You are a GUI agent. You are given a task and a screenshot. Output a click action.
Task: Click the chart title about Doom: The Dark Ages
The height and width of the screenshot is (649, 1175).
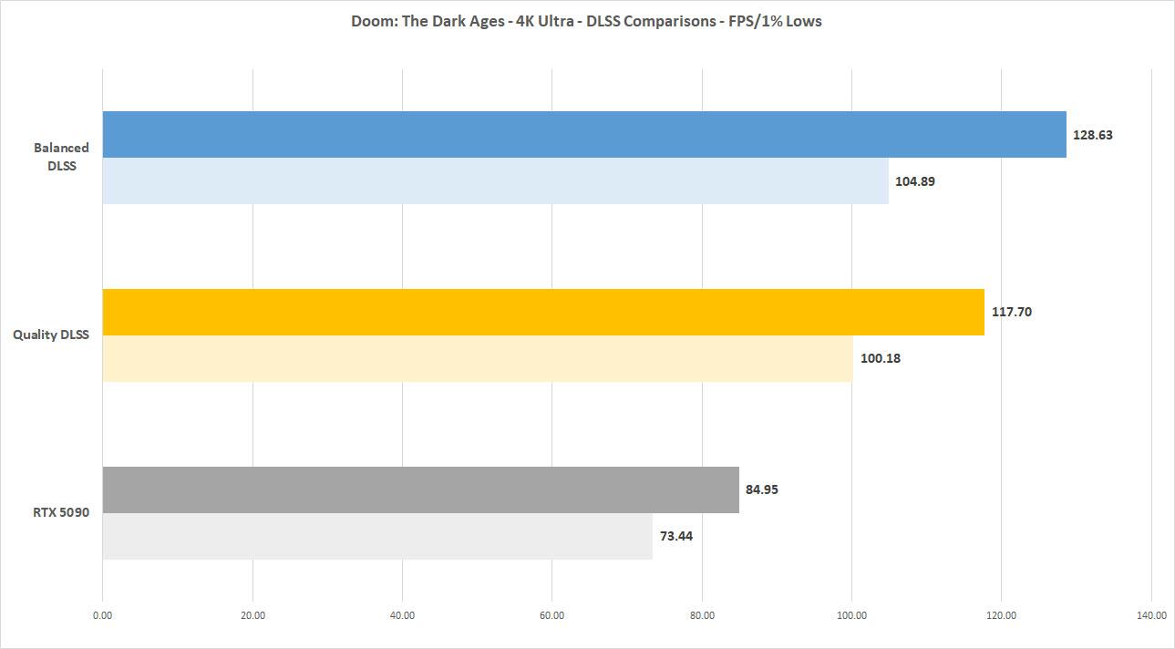tap(586, 21)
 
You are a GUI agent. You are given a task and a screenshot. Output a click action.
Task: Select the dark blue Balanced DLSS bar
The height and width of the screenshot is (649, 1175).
tap(583, 134)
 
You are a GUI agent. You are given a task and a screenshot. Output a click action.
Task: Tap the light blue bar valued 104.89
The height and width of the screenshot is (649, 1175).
tap(495, 180)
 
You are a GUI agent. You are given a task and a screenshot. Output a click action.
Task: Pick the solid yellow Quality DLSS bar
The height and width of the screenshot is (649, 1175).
tap(543, 312)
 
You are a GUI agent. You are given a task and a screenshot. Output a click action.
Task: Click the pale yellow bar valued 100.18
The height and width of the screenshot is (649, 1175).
tap(477, 358)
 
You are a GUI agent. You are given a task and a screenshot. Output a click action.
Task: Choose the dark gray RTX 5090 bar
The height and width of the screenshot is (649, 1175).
tap(420, 489)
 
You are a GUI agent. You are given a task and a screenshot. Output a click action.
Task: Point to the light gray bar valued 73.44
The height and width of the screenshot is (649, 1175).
tap(377, 536)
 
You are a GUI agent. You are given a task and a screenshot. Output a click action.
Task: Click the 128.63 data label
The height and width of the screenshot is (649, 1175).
tap(1093, 134)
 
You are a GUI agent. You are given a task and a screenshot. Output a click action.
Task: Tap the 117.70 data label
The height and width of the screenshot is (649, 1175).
tap(1011, 312)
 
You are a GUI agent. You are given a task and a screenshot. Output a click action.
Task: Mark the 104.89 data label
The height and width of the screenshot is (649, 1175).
tap(915, 180)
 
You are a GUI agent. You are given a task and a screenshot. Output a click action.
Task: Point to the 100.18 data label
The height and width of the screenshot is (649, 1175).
tap(880, 358)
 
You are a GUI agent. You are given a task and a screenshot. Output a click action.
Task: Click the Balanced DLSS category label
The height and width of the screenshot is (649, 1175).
tap(61, 155)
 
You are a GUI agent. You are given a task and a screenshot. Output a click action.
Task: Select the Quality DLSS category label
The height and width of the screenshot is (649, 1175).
tap(51, 335)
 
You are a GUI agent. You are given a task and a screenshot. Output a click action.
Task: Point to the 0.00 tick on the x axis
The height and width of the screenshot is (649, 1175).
tap(102, 615)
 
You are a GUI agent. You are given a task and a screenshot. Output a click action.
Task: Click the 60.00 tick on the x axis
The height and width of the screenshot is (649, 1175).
tap(551, 615)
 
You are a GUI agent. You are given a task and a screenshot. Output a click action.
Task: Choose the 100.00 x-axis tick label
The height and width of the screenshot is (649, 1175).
tap(851, 615)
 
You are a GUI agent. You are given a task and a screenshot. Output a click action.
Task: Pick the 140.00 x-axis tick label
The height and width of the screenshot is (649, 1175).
tap(1150, 615)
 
